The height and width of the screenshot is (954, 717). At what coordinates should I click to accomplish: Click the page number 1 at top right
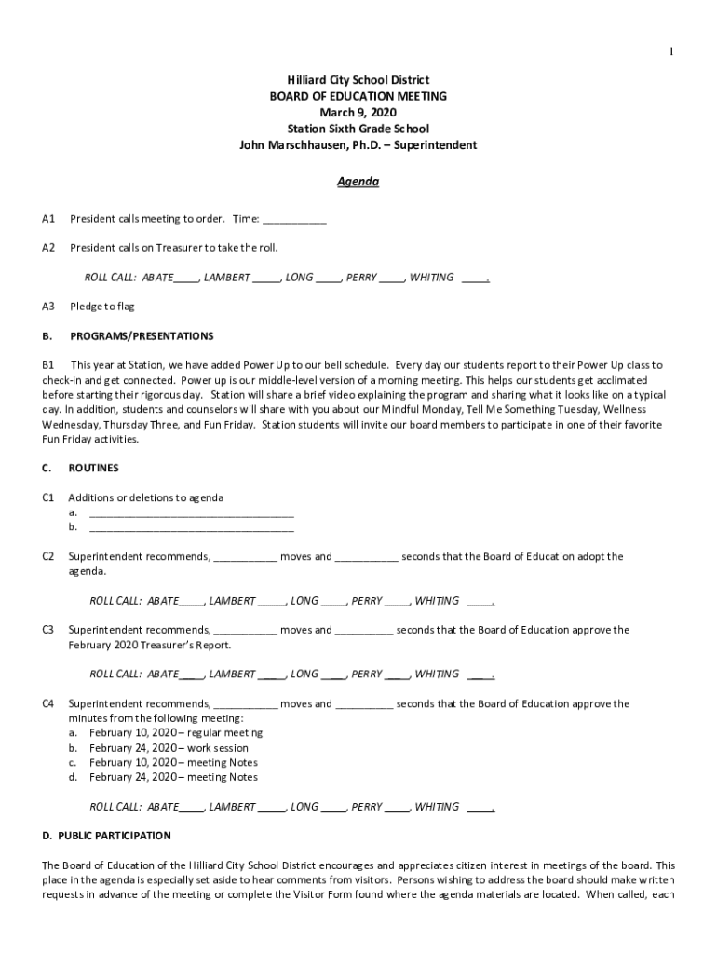coord(670,50)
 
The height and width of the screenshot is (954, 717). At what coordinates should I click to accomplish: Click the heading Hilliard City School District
coord(358,81)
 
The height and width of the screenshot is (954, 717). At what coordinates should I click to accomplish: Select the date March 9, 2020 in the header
coord(358,113)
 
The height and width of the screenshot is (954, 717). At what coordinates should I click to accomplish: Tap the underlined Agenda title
coord(358,182)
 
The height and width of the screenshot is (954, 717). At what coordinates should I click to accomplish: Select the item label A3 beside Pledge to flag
coord(48,307)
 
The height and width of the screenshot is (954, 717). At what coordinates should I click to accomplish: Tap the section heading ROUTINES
coord(93,468)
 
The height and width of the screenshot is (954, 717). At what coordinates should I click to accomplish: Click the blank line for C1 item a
coord(191,512)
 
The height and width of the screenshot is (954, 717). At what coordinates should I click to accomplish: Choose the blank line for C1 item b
coord(191,527)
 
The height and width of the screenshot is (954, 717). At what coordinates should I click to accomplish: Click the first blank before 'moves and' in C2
coord(245,557)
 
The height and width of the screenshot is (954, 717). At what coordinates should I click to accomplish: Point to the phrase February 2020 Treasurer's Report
coord(150,645)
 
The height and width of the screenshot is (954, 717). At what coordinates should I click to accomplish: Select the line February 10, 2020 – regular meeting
coord(176,733)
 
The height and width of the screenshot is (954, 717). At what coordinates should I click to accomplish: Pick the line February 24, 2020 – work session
coord(169,748)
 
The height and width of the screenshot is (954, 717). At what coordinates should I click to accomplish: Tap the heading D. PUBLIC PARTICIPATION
coord(106,836)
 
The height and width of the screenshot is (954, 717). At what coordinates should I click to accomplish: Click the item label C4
coord(48,704)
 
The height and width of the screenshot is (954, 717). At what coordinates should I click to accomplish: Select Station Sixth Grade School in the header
coord(358,129)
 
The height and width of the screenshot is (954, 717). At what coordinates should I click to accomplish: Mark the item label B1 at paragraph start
coord(48,365)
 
